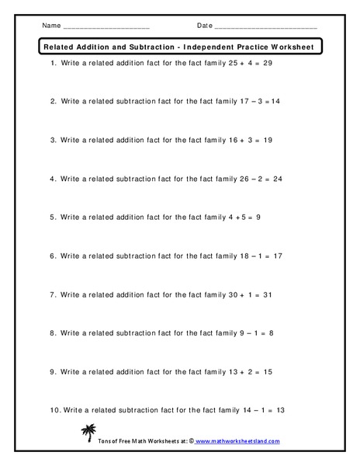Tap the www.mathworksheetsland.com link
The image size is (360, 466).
(x=237, y=441)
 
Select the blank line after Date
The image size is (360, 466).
(x=265, y=27)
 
